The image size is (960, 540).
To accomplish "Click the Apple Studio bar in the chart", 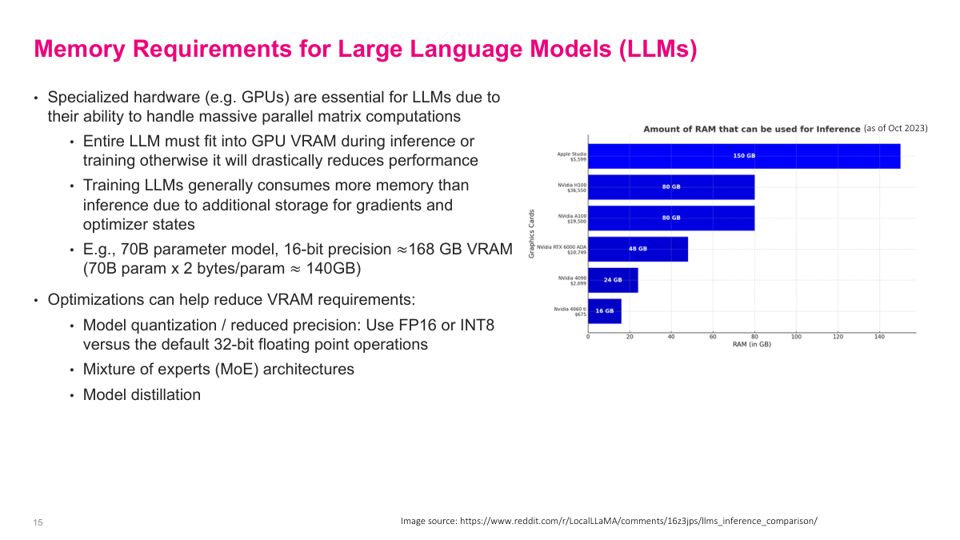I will click(x=744, y=156).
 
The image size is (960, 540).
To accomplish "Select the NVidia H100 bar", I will click(x=671, y=186).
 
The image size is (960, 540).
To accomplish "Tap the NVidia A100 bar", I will click(x=671, y=218).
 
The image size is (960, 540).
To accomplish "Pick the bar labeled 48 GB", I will click(x=638, y=249).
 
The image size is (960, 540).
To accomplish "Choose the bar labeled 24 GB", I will click(x=613, y=280).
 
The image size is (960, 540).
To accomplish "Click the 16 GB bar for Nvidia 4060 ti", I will click(x=605, y=310).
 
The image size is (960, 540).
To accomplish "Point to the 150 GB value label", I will click(x=744, y=156).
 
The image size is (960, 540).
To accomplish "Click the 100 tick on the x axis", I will click(x=796, y=337).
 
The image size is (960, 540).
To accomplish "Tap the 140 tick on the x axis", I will click(x=879, y=337).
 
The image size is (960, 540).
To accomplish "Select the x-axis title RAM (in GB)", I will click(x=751, y=345).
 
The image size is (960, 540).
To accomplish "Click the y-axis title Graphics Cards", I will click(x=530, y=234).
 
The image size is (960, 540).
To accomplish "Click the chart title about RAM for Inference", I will click(x=752, y=129).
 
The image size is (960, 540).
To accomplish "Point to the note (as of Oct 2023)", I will click(x=895, y=128).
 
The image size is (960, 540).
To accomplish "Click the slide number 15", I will click(x=38, y=522).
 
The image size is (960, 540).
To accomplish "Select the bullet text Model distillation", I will click(x=142, y=394).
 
